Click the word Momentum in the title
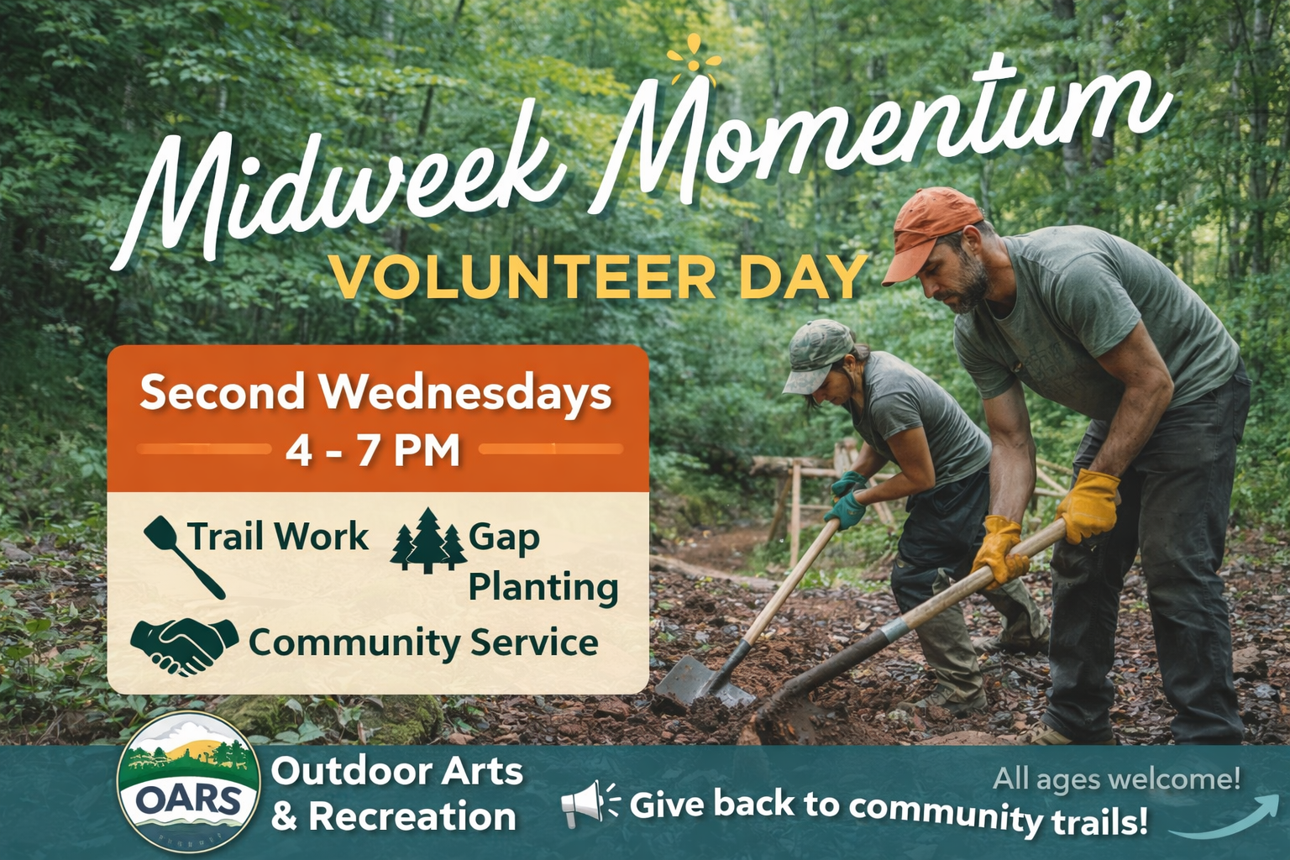tap(873, 134)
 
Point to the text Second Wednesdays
tap(375, 392)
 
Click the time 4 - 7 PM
tap(373, 451)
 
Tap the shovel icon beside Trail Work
tap(183, 554)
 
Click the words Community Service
tap(423, 643)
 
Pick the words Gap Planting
tap(542, 562)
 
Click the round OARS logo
tap(188, 794)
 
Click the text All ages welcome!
tap(1116, 779)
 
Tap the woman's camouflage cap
tap(815, 353)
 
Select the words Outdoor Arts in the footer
tap(396, 771)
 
